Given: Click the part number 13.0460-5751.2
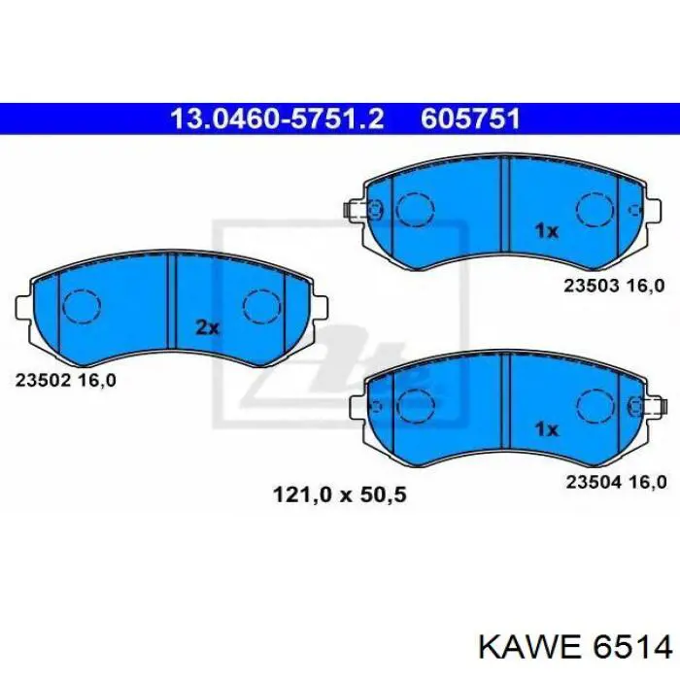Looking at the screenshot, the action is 278,119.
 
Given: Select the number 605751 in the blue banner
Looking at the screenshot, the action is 470,119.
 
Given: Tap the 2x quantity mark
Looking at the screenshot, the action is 208,328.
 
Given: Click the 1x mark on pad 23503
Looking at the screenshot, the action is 546,231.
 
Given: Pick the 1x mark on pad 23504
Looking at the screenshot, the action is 546,429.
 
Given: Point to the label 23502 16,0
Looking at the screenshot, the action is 66,381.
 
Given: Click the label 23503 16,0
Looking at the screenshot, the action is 614,286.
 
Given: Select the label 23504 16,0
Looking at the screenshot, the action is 616,482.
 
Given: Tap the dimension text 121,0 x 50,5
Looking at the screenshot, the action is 340,494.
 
